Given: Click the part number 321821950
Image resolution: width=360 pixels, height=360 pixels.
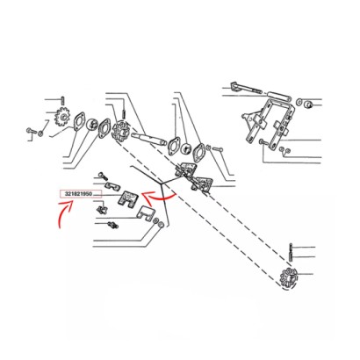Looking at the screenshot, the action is [x=78, y=194].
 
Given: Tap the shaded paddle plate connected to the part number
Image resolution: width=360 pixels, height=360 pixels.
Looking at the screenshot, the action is [x=127, y=199].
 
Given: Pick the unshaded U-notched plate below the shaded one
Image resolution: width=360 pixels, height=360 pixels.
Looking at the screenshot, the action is [x=146, y=213].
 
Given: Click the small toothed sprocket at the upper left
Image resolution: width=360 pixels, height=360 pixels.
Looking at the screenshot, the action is [x=61, y=117].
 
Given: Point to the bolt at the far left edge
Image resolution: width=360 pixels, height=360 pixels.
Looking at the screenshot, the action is [x=31, y=131].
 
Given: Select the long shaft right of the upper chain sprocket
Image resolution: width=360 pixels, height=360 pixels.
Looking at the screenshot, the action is [x=148, y=140].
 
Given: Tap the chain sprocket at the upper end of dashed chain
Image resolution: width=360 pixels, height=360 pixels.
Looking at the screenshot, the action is [x=121, y=133].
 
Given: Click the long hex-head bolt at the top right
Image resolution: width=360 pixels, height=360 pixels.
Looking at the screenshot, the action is [x=246, y=88].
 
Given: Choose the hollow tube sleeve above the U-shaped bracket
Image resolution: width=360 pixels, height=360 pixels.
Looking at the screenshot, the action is [x=279, y=96].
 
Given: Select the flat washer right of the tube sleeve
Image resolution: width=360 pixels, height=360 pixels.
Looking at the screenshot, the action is [x=299, y=102].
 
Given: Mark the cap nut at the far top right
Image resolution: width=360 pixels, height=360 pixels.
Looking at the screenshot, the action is [x=307, y=104].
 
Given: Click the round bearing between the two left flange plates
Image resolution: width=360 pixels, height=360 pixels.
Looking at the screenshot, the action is [x=93, y=125].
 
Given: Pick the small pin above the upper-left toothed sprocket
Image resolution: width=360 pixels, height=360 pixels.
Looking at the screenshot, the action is [x=62, y=100].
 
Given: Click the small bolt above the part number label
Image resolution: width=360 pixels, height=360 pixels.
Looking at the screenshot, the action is [x=104, y=176].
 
